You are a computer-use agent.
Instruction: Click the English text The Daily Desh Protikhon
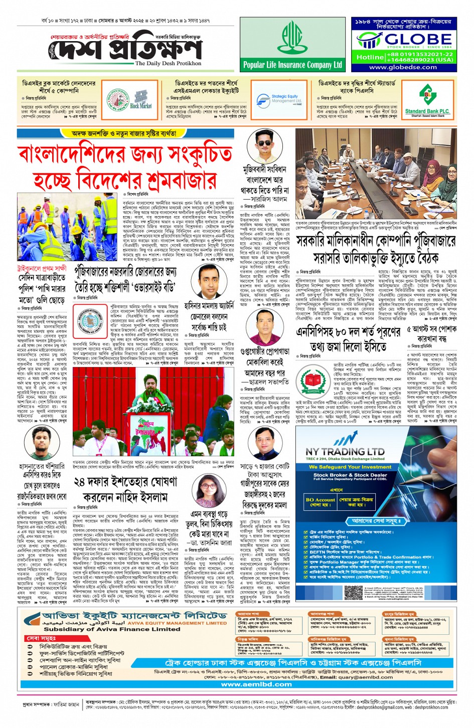[168, 64]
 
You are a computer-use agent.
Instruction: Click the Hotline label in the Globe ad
[370, 57]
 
